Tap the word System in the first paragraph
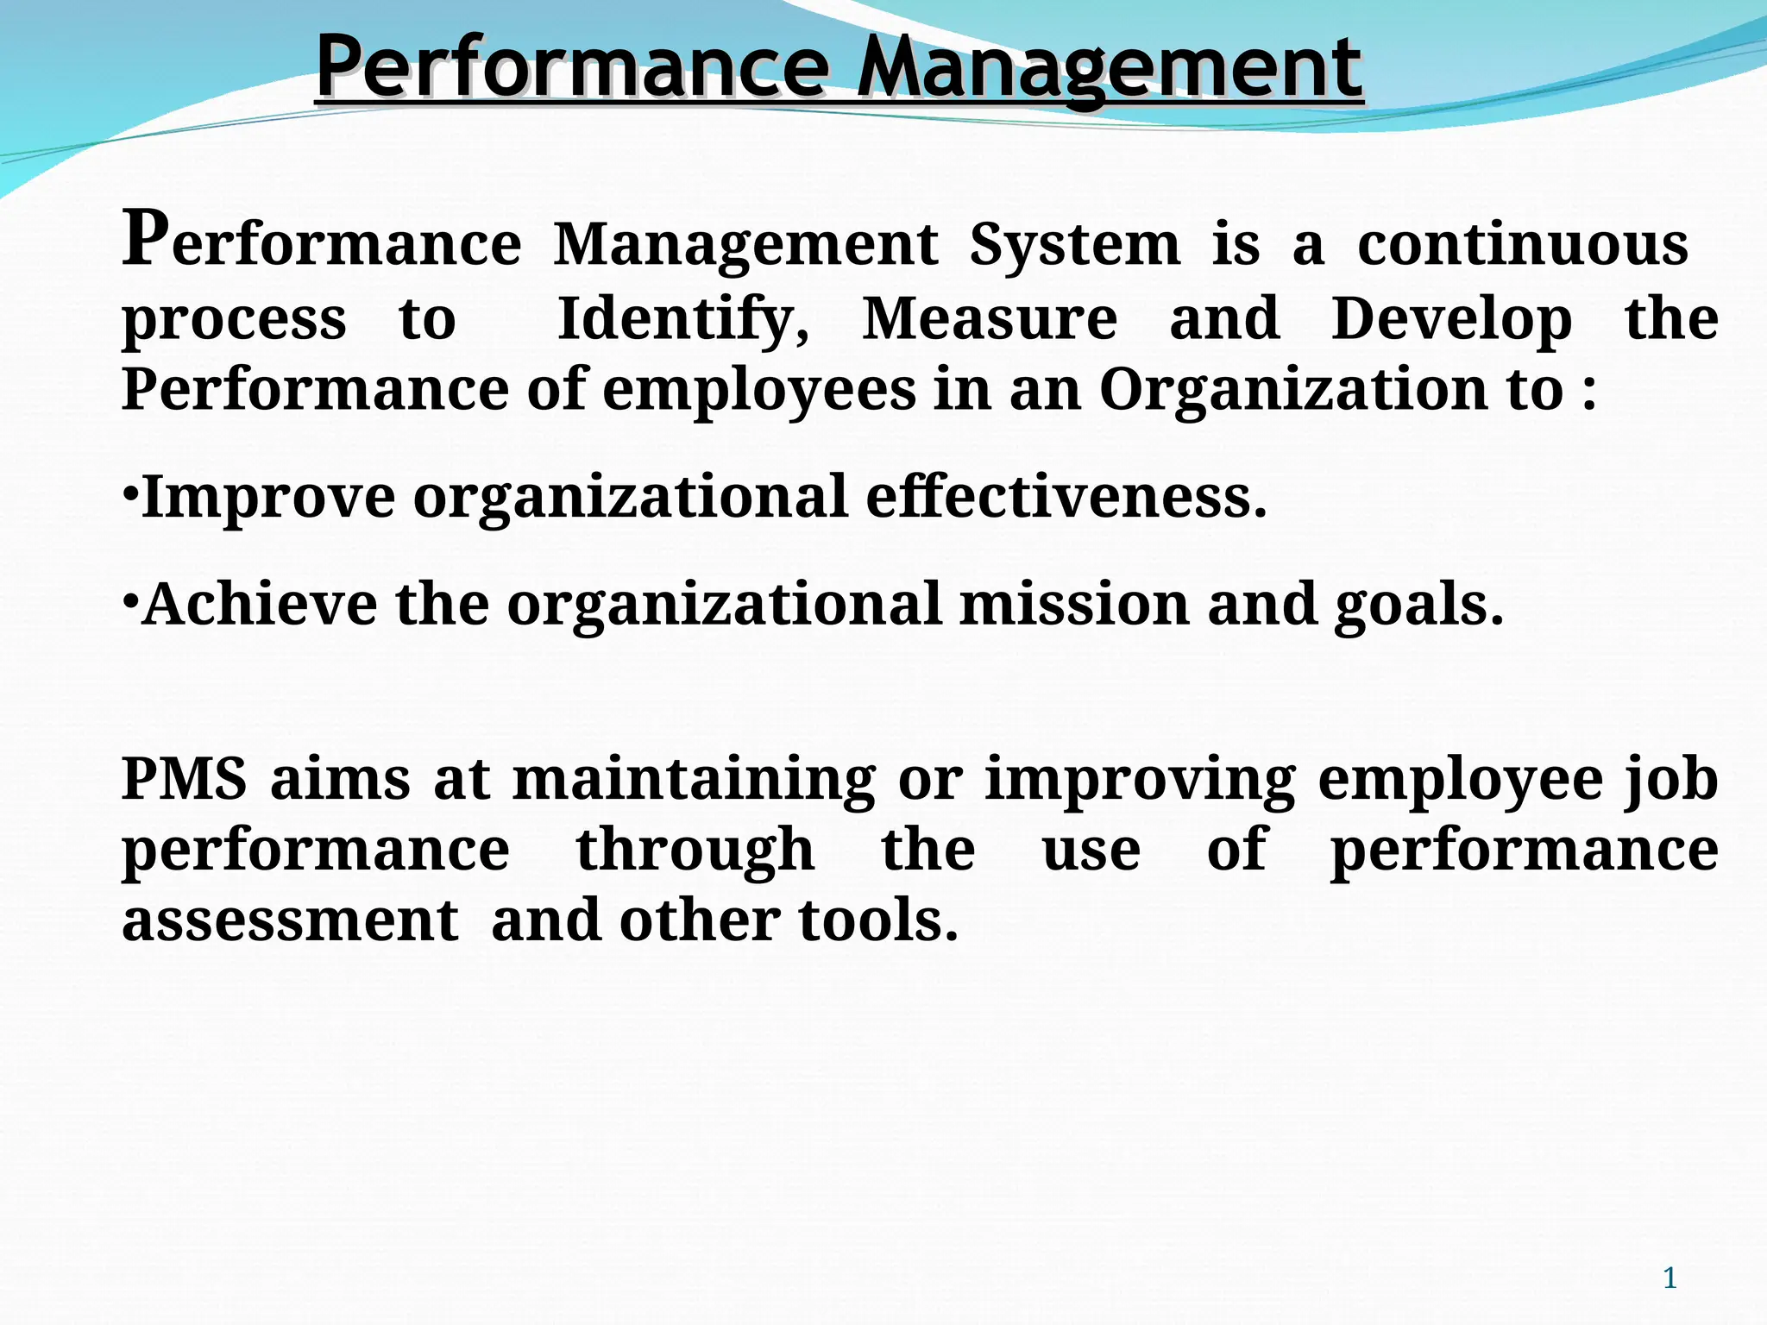point(1074,245)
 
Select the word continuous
point(1523,245)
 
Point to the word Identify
point(683,319)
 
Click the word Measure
point(990,319)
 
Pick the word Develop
point(1451,319)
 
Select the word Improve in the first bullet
point(267,498)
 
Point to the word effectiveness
point(1066,498)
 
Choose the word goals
point(1418,606)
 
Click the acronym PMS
point(184,779)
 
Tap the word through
point(695,851)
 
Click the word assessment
point(290,920)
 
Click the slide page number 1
point(1670,1278)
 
